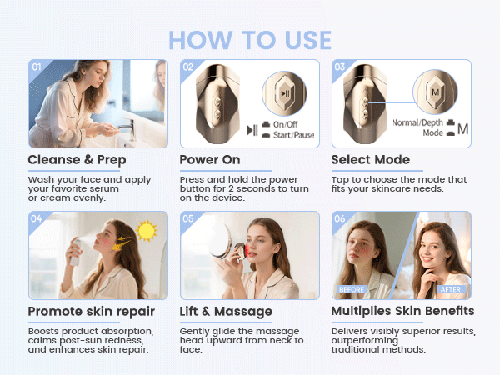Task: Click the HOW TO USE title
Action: [x=250, y=39]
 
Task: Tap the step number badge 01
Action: [x=37, y=67]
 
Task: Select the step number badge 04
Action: [x=37, y=219]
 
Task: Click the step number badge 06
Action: [x=340, y=219]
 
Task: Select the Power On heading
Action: [x=210, y=159]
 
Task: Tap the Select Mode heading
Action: [x=370, y=159]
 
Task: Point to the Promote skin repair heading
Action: [x=91, y=311]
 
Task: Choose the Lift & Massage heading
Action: [x=226, y=311]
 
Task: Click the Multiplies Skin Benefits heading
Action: [x=402, y=311]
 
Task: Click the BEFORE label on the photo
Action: [x=351, y=289]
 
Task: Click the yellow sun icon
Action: [x=147, y=230]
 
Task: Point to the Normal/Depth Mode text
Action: [x=422, y=127]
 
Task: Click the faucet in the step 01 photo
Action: [x=125, y=127]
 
